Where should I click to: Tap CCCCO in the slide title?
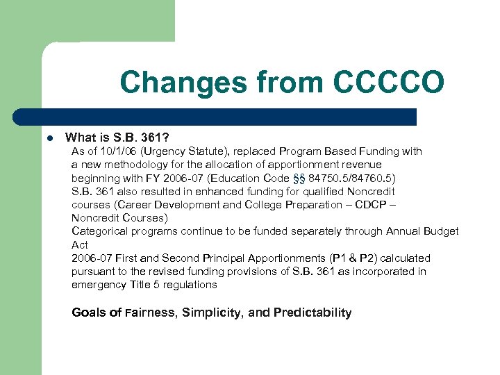[388, 82]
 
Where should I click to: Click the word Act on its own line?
[79, 244]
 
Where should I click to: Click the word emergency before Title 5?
[99, 285]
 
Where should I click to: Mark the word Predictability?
[312, 312]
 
